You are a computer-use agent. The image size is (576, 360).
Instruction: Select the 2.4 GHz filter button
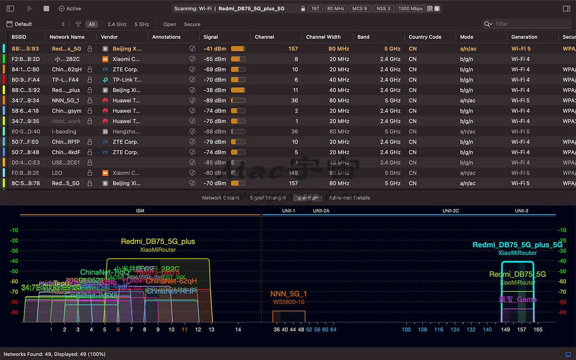117,24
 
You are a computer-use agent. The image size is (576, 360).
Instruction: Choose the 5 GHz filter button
142,24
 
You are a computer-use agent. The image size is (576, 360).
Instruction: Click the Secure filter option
192,24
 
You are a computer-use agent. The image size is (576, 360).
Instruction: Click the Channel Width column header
324,37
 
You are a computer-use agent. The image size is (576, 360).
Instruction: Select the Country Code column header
425,37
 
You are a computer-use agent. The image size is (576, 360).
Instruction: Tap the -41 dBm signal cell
215,49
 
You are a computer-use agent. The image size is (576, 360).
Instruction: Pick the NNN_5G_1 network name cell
65,101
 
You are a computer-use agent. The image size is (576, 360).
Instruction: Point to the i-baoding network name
64,132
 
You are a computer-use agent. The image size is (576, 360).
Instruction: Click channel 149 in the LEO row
293,173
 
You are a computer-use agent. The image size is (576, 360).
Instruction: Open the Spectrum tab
307,198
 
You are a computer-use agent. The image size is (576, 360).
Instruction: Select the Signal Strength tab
267,198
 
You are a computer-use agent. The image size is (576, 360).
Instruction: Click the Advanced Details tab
349,198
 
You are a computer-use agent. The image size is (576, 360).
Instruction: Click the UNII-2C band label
451,211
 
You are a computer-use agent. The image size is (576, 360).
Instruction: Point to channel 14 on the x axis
238,330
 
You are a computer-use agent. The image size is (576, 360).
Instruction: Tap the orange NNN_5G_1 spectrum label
288,294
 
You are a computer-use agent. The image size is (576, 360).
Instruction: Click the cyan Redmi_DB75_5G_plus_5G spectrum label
517,245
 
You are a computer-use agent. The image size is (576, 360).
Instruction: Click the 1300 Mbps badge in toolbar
410,9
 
